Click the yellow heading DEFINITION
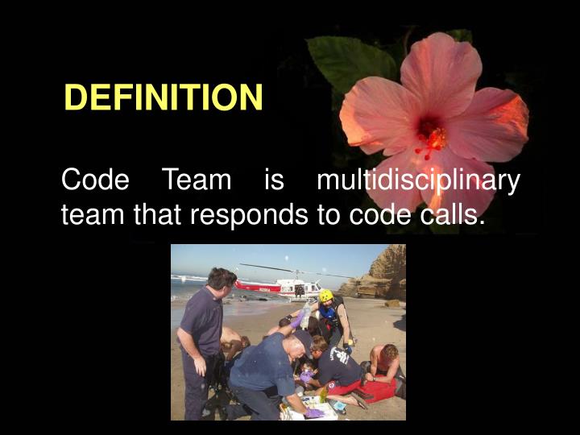click(x=164, y=98)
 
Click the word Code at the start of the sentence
click(x=95, y=180)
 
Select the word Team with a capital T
click(x=197, y=180)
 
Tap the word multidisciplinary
click(x=418, y=180)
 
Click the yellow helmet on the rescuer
click(x=326, y=296)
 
